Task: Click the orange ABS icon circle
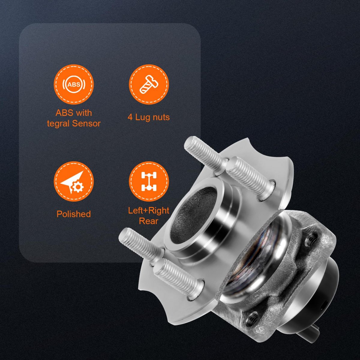coord(74,84)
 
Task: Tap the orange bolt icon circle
coord(149,84)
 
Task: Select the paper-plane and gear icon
coord(74,181)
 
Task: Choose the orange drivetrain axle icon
coord(149,181)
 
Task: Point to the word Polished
coord(73,214)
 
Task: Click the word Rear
coord(149,221)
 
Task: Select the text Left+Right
coord(149,211)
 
